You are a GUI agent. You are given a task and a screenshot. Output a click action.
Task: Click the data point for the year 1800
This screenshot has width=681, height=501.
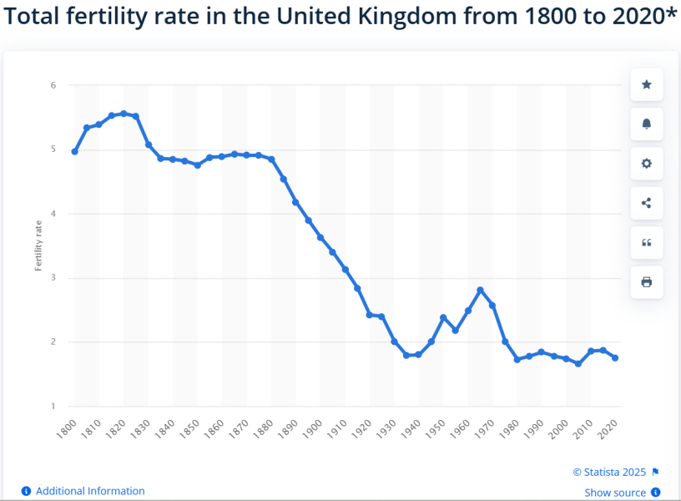tap(74, 152)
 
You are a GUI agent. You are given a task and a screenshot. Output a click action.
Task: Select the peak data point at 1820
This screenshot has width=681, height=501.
tap(124, 114)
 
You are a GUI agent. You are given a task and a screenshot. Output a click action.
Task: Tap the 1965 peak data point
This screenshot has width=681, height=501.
tap(480, 290)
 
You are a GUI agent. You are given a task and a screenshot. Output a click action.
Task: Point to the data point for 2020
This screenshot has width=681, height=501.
tap(615, 357)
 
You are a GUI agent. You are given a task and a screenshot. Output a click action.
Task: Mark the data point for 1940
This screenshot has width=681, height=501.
tap(418, 355)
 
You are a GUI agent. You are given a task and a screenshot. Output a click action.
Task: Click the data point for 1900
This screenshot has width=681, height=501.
tap(320, 238)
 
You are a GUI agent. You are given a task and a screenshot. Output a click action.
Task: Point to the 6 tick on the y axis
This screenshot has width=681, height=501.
tap(53, 85)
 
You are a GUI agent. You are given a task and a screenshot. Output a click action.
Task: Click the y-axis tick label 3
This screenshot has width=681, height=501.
tap(53, 278)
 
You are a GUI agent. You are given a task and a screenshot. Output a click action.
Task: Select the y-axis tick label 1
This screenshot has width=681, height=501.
tap(53, 407)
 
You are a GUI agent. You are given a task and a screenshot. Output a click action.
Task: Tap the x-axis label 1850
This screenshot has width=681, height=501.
tap(190, 428)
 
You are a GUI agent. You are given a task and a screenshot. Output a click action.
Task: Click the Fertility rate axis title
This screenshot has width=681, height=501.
tap(38, 246)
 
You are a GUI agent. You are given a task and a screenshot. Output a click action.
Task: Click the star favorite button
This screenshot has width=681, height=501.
tap(646, 84)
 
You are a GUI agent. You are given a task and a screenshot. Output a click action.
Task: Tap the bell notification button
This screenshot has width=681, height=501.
tap(646, 124)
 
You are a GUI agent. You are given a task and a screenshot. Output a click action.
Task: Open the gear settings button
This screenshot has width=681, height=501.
tap(646, 164)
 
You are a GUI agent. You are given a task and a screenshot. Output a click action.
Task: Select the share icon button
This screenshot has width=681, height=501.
tap(646, 203)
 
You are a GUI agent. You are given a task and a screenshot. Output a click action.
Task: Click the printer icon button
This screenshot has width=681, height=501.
tap(646, 282)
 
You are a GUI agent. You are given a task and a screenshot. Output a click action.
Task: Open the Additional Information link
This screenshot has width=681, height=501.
tap(90, 491)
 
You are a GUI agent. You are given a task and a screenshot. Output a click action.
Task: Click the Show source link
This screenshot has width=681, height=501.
tap(615, 493)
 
